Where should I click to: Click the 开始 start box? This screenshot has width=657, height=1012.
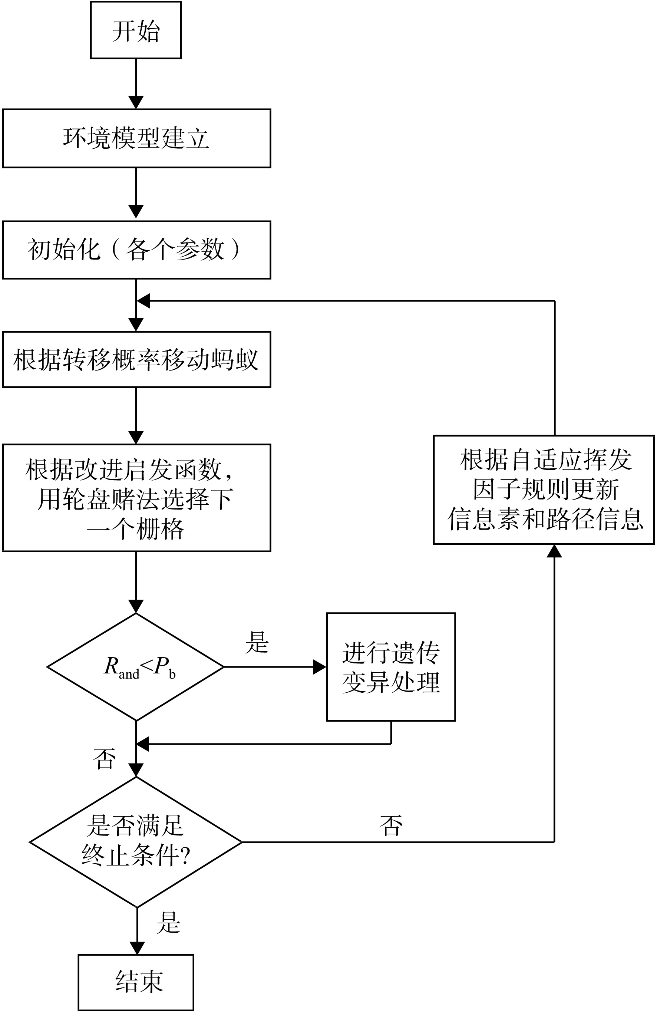pyautogui.click(x=136, y=30)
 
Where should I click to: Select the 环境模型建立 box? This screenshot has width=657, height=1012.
pyautogui.click(x=136, y=138)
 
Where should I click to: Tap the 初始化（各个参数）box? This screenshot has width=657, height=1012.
pyautogui.click(x=136, y=250)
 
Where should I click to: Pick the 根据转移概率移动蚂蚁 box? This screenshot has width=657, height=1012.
pyautogui.click(x=136, y=359)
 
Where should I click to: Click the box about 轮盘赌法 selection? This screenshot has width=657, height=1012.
pyautogui.click(x=136, y=498)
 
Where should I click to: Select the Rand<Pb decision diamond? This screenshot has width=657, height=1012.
pyautogui.click(x=136, y=667)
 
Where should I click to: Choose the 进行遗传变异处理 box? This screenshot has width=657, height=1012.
pyautogui.click(x=391, y=667)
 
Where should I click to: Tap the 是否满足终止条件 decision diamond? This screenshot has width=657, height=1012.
pyautogui.click(x=136, y=842)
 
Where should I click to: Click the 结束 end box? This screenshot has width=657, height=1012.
pyautogui.click(x=136, y=982)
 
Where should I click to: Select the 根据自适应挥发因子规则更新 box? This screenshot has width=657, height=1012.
pyautogui.click(x=544, y=489)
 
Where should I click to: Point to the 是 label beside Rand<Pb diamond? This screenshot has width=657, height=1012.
pyautogui.click(x=257, y=642)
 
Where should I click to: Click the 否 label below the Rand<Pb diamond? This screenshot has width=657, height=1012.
pyautogui.click(x=104, y=759)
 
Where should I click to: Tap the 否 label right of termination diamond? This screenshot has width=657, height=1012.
pyautogui.click(x=390, y=826)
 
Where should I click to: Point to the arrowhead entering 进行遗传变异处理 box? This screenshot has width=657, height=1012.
pyautogui.click(x=319, y=667)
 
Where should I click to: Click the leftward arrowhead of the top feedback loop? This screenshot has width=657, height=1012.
pyautogui.click(x=143, y=301)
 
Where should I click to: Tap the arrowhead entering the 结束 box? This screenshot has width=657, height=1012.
pyautogui.click(x=137, y=948)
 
